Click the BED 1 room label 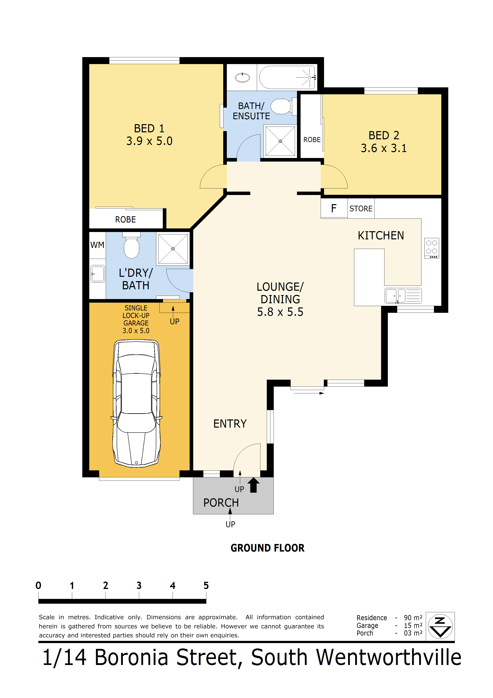pos(149,128)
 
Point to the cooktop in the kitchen pos(431,248)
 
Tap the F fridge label pos(334,209)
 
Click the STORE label pos(361,209)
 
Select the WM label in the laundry pos(97,245)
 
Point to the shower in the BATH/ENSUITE pos(280,141)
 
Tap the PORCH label pos(221,503)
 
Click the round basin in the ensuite pos(242,78)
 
